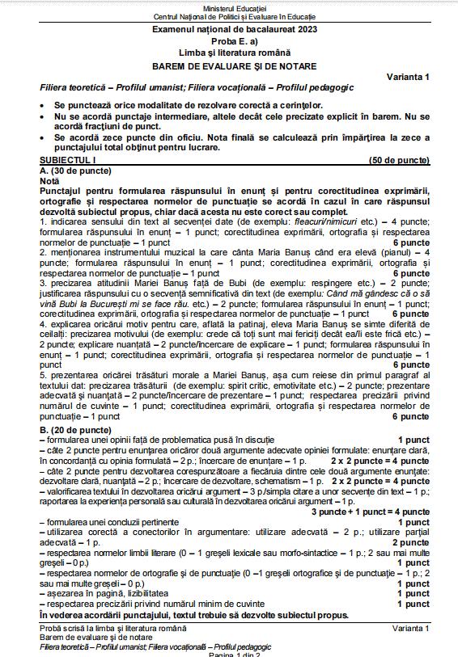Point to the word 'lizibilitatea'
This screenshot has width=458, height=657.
coord(118,592)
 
